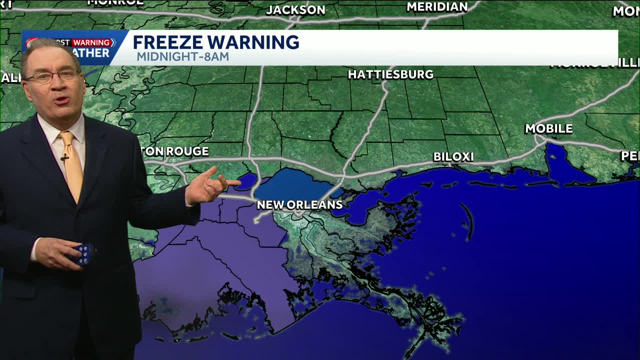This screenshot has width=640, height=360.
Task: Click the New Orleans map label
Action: point(299,204)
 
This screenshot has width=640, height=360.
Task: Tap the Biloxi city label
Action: point(453,157)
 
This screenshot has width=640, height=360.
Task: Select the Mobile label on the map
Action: point(548,128)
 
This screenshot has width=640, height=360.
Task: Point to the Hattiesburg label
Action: point(390,74)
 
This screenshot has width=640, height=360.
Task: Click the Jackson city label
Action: point(295,10)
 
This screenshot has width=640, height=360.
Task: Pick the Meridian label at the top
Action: point(437,7)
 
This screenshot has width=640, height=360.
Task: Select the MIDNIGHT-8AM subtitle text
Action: point(182,56)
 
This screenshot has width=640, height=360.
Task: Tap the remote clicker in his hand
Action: point(83,253)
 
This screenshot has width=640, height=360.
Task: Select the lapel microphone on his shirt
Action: point(64,158)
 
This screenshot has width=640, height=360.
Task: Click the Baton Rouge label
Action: point(177,151)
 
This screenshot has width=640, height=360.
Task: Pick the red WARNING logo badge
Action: point(93,42)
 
